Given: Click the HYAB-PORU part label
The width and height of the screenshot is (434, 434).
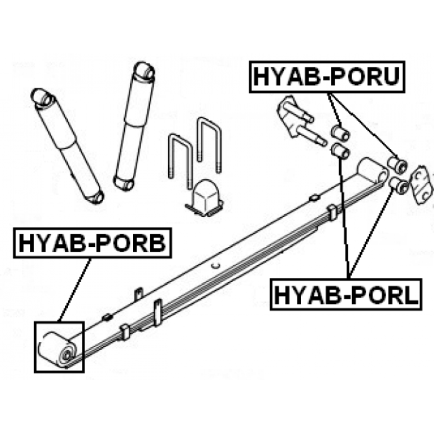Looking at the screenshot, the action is [327, 76].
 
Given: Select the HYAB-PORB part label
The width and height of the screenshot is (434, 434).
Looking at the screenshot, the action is [92, 243].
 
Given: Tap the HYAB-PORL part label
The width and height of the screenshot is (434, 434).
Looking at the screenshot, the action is [346, 295].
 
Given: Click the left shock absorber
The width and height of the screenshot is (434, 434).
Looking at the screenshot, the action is [67, 146].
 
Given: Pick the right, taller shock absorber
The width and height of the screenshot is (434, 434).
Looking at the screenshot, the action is [134, 126].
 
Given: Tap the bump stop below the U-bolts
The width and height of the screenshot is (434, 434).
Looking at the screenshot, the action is [205, 197].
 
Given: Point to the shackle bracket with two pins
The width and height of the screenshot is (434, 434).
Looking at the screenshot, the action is [299, 121].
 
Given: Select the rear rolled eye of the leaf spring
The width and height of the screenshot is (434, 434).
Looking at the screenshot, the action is [372, 171].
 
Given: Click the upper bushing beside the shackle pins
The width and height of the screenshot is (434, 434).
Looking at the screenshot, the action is [341, 132].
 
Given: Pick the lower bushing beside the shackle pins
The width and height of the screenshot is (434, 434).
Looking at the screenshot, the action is [341, 151].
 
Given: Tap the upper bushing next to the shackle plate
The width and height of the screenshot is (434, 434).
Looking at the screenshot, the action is [398, 165].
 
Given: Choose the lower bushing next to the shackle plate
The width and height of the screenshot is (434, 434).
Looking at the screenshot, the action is [399, 186].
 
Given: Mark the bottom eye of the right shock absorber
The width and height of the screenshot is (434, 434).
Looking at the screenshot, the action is [124, 183].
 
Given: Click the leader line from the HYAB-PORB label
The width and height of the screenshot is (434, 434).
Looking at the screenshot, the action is [75, 290].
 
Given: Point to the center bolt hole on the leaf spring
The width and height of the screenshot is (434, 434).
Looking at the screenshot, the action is [215, 265].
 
